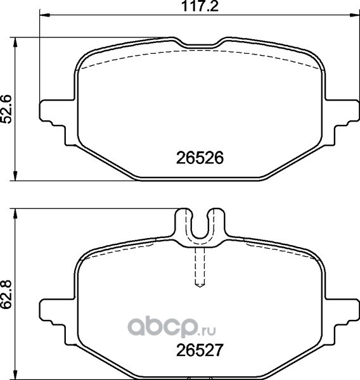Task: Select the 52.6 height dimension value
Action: [6, 109]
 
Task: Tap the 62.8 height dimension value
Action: [6, 294]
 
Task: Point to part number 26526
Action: [200, 158]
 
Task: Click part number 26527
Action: [200, 350]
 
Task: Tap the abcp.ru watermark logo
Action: [172, 327]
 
